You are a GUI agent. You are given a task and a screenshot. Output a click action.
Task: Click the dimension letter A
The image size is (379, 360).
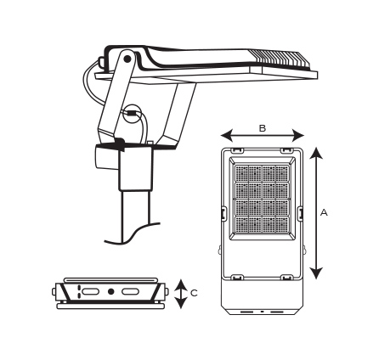click(324, 212)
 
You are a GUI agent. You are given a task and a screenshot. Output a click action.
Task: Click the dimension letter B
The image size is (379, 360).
click(263, 128)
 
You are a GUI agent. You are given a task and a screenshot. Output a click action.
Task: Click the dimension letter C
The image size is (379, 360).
click(194, 293)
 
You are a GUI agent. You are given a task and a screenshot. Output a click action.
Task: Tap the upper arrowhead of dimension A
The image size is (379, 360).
click(316, 155)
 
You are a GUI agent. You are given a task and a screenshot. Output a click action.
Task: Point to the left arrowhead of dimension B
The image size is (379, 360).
click(227, 135)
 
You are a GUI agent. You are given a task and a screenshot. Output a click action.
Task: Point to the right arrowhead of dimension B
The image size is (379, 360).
click(298, 135)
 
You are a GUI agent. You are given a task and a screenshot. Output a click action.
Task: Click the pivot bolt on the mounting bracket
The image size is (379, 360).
click(127, 59)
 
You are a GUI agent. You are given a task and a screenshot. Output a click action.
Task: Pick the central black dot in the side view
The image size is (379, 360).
click(111, 291)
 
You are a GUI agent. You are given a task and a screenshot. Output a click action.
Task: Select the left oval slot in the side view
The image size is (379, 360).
click(90, 291)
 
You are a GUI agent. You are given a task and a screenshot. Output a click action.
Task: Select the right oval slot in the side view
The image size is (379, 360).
click(131, 291)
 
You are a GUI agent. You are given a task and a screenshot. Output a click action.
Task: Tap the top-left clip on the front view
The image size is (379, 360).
click(237, 150)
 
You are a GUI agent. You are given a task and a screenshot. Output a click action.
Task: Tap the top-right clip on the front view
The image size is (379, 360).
click(287, 150)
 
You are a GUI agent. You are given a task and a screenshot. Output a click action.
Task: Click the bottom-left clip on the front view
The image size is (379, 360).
click(237, 277)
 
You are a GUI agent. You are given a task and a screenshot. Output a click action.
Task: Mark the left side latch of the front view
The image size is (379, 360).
click(223, 213)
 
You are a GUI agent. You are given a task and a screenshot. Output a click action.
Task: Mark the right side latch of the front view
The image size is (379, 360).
click(300, 213)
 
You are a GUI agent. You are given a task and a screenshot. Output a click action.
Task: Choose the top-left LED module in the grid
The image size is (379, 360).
click(241, 173)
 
